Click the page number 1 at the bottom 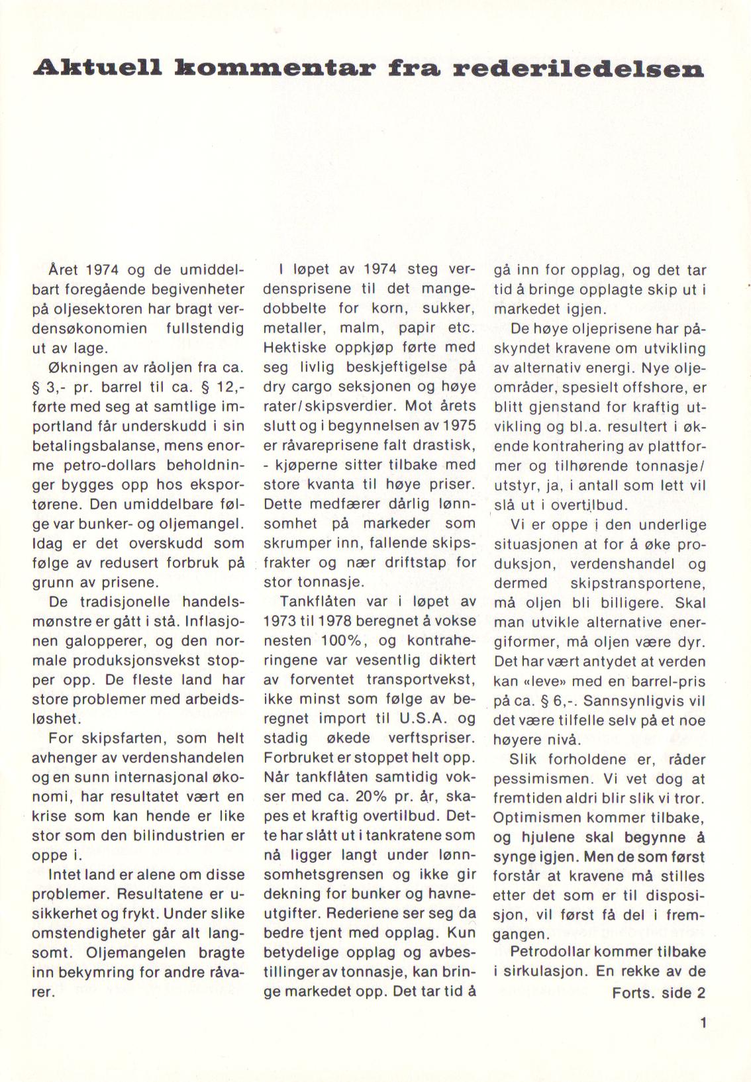coord(703,1022)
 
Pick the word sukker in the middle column coord(448,309)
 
